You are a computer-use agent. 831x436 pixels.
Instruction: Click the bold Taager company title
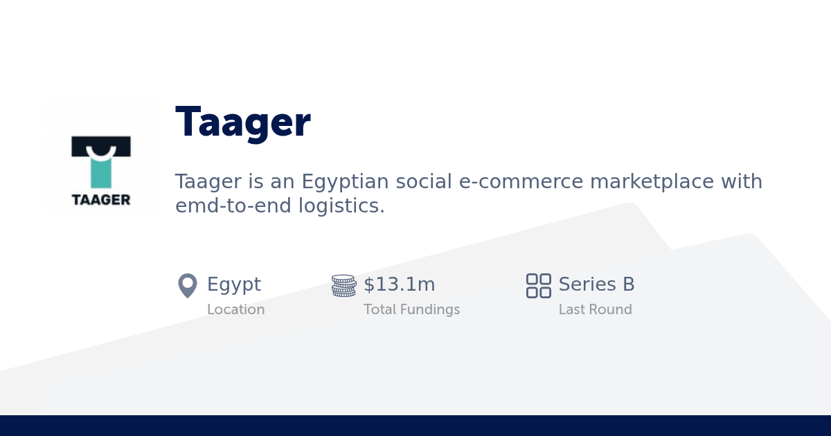[242, 122]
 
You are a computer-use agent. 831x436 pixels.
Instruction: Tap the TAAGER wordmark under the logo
[101, 199]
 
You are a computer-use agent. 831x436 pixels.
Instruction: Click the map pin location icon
[188, 285]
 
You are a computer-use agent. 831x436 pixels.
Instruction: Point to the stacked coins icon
[343, 285]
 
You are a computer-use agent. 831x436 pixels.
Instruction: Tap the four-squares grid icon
[538, 285]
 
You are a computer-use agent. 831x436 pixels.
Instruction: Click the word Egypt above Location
[234, 284]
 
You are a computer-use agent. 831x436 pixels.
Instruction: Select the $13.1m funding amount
[400, 284]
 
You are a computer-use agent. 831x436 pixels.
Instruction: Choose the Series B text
[596, 284]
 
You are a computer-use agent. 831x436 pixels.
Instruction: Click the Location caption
[235, 309]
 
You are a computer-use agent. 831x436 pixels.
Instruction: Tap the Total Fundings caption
[411, 309]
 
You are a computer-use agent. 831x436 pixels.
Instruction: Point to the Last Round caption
[595, 309]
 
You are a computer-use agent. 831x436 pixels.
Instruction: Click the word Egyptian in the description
[345, 182]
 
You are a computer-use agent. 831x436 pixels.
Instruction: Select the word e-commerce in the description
[521, 182]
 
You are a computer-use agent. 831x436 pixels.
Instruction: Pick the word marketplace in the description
[652, 182]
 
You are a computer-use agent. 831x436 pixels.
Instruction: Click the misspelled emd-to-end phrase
[233, 206]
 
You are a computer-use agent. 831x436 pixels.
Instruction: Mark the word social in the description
[424, 182]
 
